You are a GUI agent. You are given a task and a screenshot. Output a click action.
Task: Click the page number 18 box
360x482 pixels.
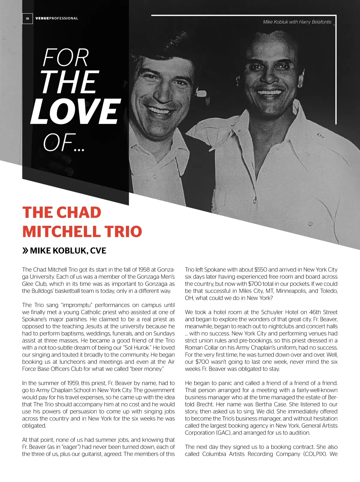tap(27, 19)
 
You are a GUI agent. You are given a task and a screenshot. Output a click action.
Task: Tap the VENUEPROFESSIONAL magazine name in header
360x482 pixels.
tap(57, 18)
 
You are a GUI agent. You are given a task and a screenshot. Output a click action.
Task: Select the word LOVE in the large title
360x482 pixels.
tap(75, 111)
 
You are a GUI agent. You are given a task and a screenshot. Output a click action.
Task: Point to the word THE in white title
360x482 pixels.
tap(69, 82)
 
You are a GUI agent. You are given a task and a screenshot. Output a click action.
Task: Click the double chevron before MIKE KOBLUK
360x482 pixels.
tap(25, 250)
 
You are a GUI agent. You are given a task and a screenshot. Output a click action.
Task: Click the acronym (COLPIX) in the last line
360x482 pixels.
tap(315, 454)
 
